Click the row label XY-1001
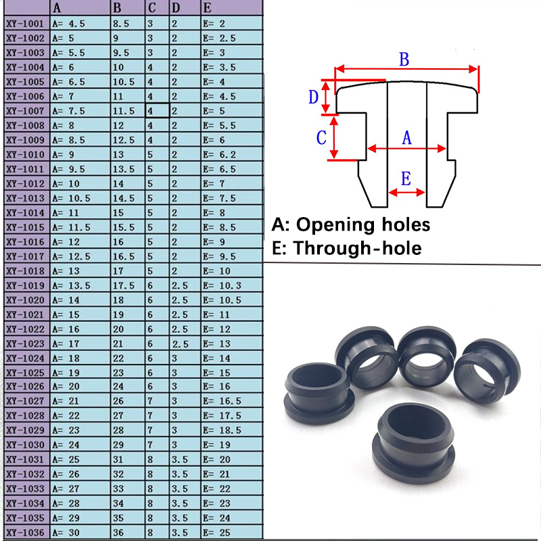[24, 23]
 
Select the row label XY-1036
[24, 533]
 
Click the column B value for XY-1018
[121, 271]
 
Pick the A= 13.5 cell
[71, 285]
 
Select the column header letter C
[151, 8]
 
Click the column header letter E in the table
[207, 8]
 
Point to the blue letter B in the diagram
[404, 59]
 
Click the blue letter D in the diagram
[313, 97]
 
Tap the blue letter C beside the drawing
[322, 138]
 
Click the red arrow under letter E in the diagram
[406, 193]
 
